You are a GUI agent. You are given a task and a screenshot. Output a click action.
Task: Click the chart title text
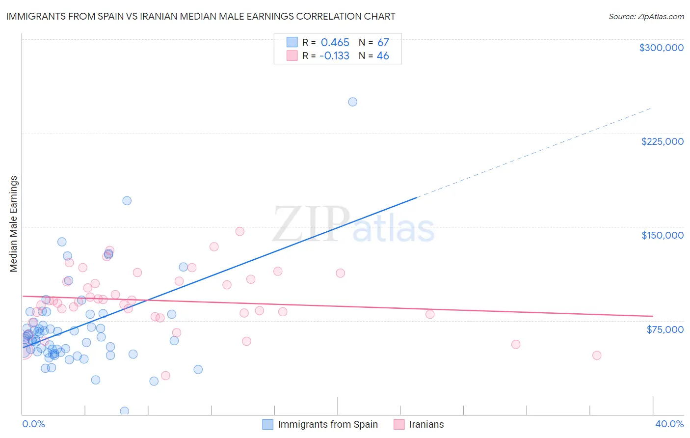click(200, 16)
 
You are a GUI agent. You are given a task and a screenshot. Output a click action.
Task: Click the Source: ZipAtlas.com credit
click(646, 16)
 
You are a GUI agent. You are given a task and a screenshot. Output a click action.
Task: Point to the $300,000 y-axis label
click(661, 48)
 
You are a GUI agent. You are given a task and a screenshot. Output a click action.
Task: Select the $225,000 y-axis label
click(662, 141)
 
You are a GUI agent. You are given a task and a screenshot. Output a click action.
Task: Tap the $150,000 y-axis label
click(662, 235)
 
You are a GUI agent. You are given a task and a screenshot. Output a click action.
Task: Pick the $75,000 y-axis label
click(664, 329)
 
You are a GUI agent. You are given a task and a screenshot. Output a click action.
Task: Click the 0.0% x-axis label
click(33, 424)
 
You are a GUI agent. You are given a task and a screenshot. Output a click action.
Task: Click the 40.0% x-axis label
click(669, 424)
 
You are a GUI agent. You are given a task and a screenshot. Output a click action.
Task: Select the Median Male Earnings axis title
click(14, 224)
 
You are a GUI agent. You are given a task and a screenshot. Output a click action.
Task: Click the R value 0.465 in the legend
click(335, 42)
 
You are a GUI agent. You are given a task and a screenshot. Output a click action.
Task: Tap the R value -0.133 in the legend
click(334, 56)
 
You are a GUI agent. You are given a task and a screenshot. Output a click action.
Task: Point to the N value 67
click(383, 42)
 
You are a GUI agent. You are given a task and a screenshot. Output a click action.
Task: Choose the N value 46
click(383, 56)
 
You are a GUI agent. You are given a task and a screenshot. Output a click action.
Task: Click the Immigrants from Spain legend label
click(327, 424)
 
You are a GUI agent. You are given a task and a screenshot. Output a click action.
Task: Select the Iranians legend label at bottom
click(426, 424)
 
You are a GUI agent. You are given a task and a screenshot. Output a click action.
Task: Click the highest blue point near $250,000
click(352, 102)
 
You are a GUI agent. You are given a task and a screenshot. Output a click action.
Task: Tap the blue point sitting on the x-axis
click(125, 411)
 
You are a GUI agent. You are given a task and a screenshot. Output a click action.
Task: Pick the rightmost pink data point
click(597, 356)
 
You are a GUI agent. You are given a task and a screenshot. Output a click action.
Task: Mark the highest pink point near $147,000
click(239, 231)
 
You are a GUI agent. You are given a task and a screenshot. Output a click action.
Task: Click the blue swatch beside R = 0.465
click(292, 42)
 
